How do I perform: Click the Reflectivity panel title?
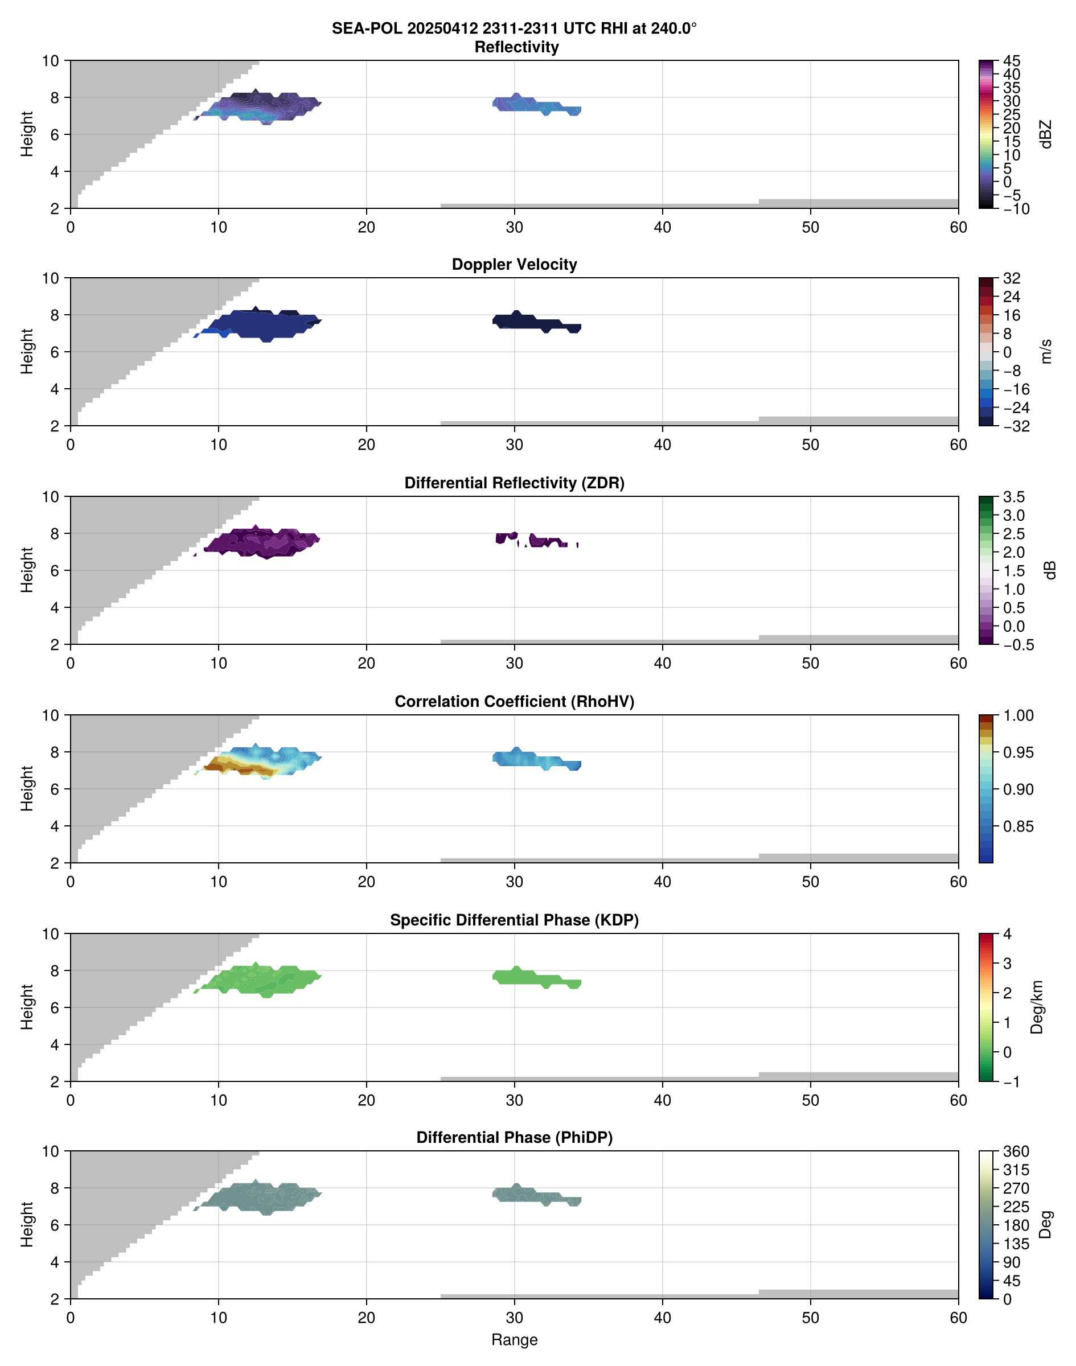[x=516, y=47]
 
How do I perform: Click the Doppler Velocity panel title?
[x=514, y=265]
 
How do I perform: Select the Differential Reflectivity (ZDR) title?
[x=514, y=483]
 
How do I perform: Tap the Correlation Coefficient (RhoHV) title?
[x=514, y=702]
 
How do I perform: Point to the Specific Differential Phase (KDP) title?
[x=514, y=920]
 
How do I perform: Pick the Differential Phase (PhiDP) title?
[x=514, y=1137]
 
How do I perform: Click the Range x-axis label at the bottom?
[x=514, y=1340]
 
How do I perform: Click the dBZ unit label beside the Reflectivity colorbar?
[x=1046, y=134]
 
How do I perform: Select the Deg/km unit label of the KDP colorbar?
[x=1037, y=1007]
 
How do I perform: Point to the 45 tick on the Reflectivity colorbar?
[x=1012, y=61]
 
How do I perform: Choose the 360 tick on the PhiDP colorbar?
[x=1016, y=1152]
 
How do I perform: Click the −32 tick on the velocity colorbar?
[x=1016, y=426]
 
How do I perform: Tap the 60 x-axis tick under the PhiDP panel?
[x=958, y=1318]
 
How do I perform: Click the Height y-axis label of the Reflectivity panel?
[x=26, y=134]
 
